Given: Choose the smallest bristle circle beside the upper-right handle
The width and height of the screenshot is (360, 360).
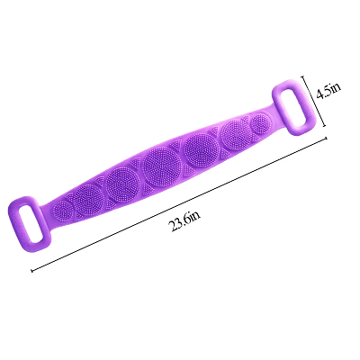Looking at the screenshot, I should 258,122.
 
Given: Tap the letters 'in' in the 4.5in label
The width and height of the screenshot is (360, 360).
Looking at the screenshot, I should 335,88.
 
